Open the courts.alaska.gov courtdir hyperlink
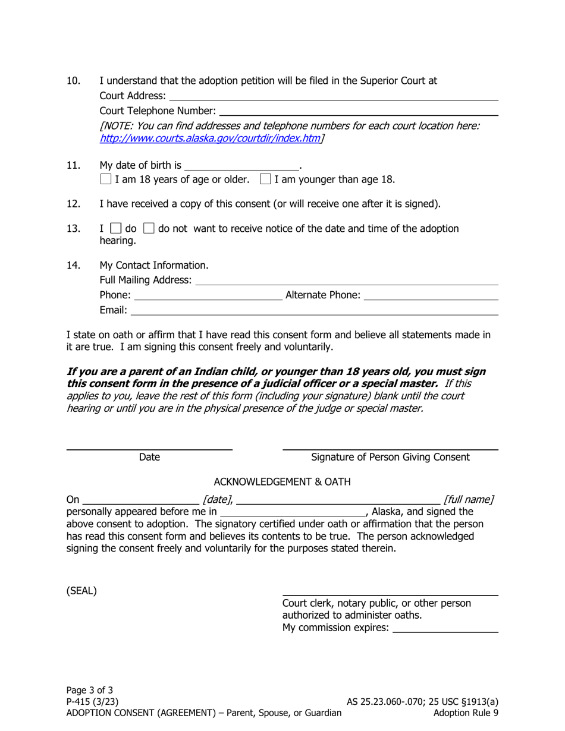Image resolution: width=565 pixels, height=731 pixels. coord(210,138)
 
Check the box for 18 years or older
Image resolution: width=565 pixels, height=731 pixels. coord(106,179)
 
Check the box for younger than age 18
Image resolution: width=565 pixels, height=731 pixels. coord(266,179)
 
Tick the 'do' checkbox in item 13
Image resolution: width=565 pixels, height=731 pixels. coord(117,229)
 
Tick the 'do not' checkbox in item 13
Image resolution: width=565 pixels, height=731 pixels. coord(150,229)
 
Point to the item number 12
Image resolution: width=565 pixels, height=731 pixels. coord(73,204)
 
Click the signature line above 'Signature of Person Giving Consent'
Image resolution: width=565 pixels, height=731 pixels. coord(390,446)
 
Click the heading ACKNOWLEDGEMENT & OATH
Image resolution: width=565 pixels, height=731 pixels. coord(282,481)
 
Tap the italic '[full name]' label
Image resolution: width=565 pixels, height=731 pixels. coord(469,499)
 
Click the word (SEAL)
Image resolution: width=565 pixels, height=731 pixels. coord(81,591)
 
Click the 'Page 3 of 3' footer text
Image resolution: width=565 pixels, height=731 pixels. coord(90,690)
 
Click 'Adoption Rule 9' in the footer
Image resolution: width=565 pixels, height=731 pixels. coord(466,713)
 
